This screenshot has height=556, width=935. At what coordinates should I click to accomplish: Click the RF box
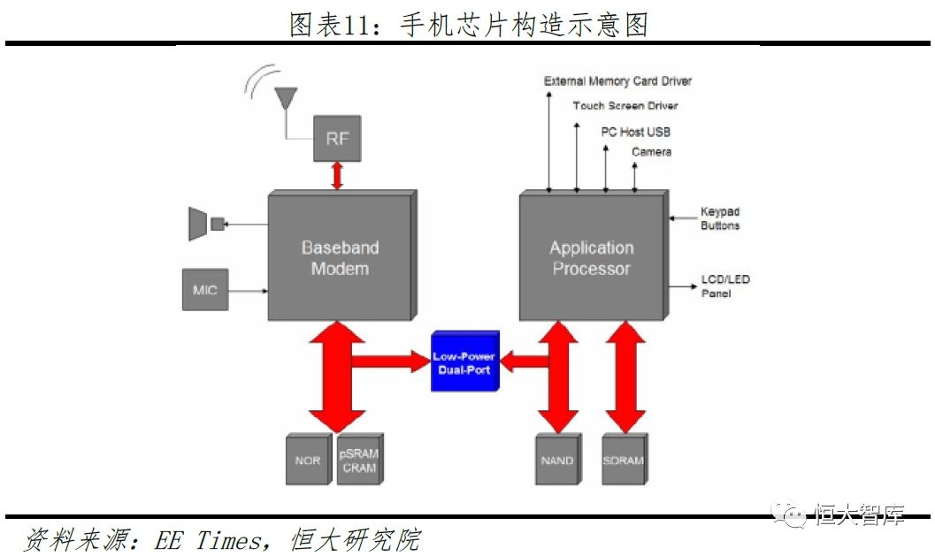[337, 139]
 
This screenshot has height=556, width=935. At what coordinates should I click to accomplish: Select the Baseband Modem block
[340, 257]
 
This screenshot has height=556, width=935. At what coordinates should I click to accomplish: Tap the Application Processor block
[591, 257]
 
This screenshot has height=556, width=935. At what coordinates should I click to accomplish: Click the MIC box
[205, 290]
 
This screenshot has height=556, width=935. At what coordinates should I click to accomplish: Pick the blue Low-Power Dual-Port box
[465, 362]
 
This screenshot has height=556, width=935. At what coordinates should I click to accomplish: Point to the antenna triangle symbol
[286, 97]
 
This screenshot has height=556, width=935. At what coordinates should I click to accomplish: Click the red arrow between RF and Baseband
[336, 175]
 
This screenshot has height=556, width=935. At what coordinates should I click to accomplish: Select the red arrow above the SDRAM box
[625, 376]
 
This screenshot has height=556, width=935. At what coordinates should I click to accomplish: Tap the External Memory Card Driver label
[617, 81]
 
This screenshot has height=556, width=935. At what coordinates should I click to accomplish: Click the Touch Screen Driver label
[625, 106]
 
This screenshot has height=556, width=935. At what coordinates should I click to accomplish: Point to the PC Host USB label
[635, 132]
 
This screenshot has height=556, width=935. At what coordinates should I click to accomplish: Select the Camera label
[651, 152]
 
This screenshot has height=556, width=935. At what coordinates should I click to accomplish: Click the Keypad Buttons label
[720, 218]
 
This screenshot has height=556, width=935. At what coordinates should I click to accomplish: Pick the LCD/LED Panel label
[725, 286]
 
